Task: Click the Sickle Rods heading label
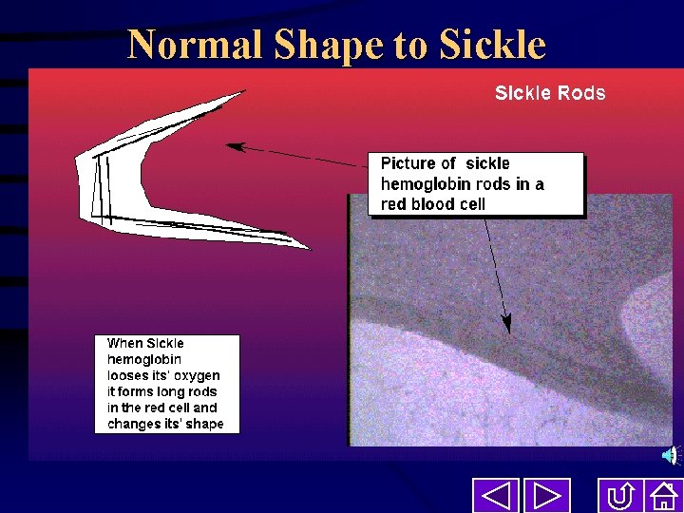coord(549,93)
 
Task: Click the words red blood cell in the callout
coord(432,204)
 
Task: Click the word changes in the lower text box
coord(134,424)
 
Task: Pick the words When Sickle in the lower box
coord(145,343)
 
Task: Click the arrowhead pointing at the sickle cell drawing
coord(232,146)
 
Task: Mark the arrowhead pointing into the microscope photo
coord(507,325)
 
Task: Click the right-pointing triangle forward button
coord(546,496)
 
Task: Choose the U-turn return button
coord(620,496)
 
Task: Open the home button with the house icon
coord(662,496)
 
